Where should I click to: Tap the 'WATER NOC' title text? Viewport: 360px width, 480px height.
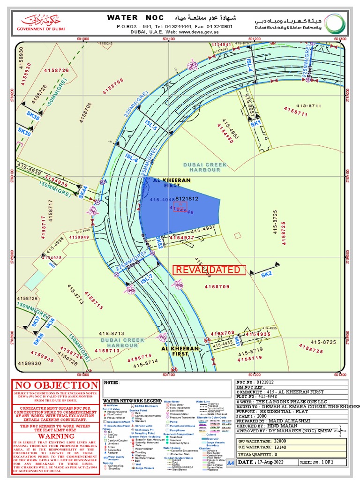pyautogui.click(x=135, y=18)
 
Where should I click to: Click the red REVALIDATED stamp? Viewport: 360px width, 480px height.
pyautogui.click(x=210, y=270)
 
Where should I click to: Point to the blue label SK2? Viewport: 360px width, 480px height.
pyautogui.click(x=266, y=274)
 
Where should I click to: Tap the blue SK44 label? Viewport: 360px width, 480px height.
pyautogui.click(x=83, y=192)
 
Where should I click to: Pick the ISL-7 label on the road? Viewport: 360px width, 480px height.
pyautogui.click(x=146, y=278)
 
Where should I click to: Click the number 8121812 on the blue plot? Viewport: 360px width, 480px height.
pyautogui.click(x=187, y=199)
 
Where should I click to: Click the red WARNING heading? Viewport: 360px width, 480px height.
pyautogui.click(x=56, y=436)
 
